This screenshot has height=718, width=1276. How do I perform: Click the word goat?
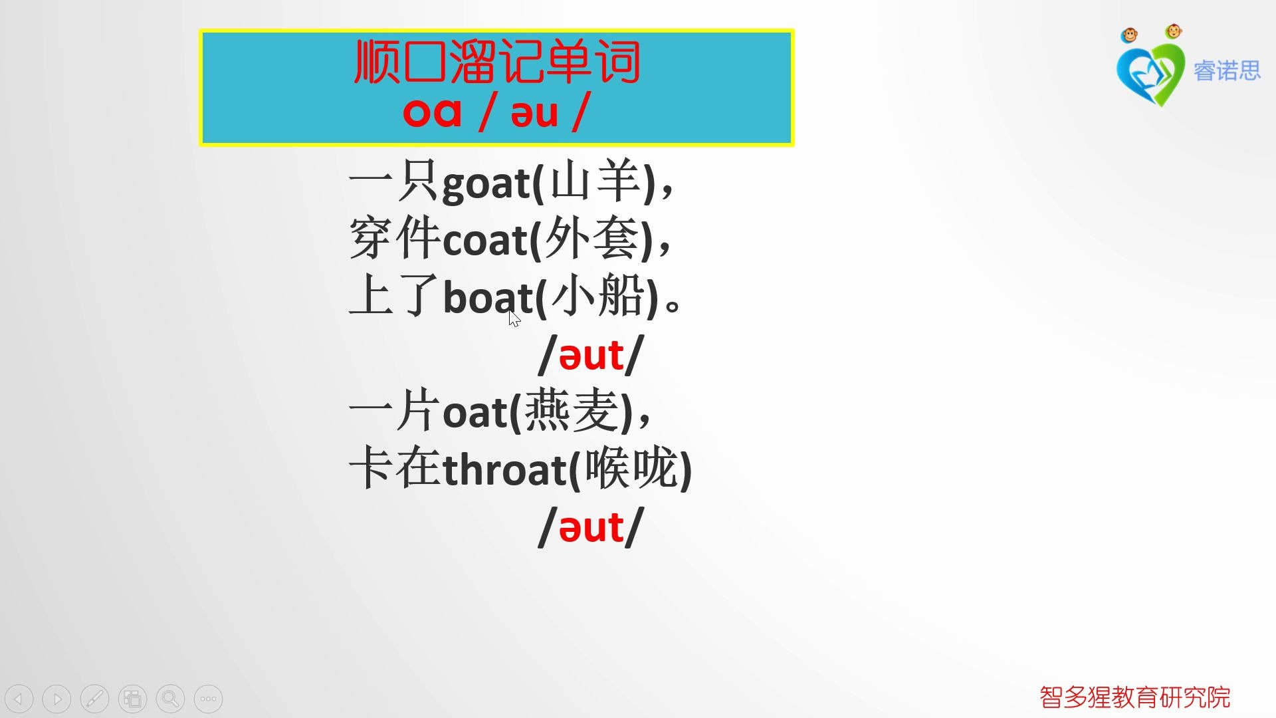point(486,183)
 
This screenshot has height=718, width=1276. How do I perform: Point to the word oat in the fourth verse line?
point(475,413)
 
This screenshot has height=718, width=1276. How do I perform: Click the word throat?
point(504,470)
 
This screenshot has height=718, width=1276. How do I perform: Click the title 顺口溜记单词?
point(497,62)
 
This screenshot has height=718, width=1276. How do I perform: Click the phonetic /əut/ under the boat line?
point(591,356)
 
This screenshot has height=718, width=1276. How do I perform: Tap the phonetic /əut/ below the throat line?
point(591,528)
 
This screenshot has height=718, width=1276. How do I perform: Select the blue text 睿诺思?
point(1227,70)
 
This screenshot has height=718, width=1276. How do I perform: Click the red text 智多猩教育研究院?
point(1134,697)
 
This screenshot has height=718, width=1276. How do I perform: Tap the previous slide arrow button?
point(19,699)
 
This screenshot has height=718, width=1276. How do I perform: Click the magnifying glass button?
point(170,699)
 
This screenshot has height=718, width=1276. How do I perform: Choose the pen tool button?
point(94,699)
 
